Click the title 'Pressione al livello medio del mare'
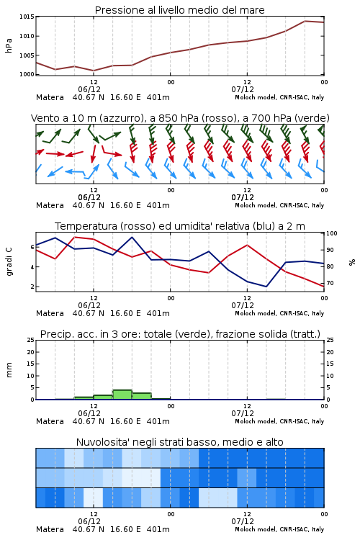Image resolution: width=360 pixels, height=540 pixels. pyautogui.click(x=179, y=10)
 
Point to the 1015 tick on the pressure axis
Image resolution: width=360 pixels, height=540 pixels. pyautogui.click(x=27, y=17)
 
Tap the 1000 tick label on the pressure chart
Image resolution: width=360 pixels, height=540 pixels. pyautogui.click(x=27, y=74)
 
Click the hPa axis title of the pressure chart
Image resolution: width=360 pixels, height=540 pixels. pyautogui.click(x=9, y=45)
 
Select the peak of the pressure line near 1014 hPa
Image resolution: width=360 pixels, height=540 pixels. pyautogui.click(x=305, y=21)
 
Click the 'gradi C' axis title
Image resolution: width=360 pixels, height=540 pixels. pyautogui.click(x=9, y=261)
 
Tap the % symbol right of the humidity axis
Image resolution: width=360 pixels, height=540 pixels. pyautogui.click(x=352, y=262)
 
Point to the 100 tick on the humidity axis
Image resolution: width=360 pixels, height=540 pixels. pyautogui.click(x=332, y=233)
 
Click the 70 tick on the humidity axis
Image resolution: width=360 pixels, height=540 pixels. pyautogui.click(x=330, y=283)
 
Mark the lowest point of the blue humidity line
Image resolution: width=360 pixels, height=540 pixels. pyautogui.click(x=266, y=287)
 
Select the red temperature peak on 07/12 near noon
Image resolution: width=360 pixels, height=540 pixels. pyautogui.click(x=247, y=245)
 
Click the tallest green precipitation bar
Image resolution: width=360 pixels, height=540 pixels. pyautogui.click(x=122, y=395)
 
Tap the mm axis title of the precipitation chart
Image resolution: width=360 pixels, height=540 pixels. pyautogui.click(x=9, y=369)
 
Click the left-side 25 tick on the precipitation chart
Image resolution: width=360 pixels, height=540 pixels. pyautogui.click(x=31, y=340)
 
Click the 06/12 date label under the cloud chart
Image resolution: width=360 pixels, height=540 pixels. pyautogui.click(x=89, y=521)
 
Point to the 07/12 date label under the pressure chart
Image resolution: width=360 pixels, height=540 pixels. pyautogui.click(x=243, y=89)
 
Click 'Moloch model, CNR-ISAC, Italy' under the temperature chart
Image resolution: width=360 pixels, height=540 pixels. pyautogui.click(x=279, y=313)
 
